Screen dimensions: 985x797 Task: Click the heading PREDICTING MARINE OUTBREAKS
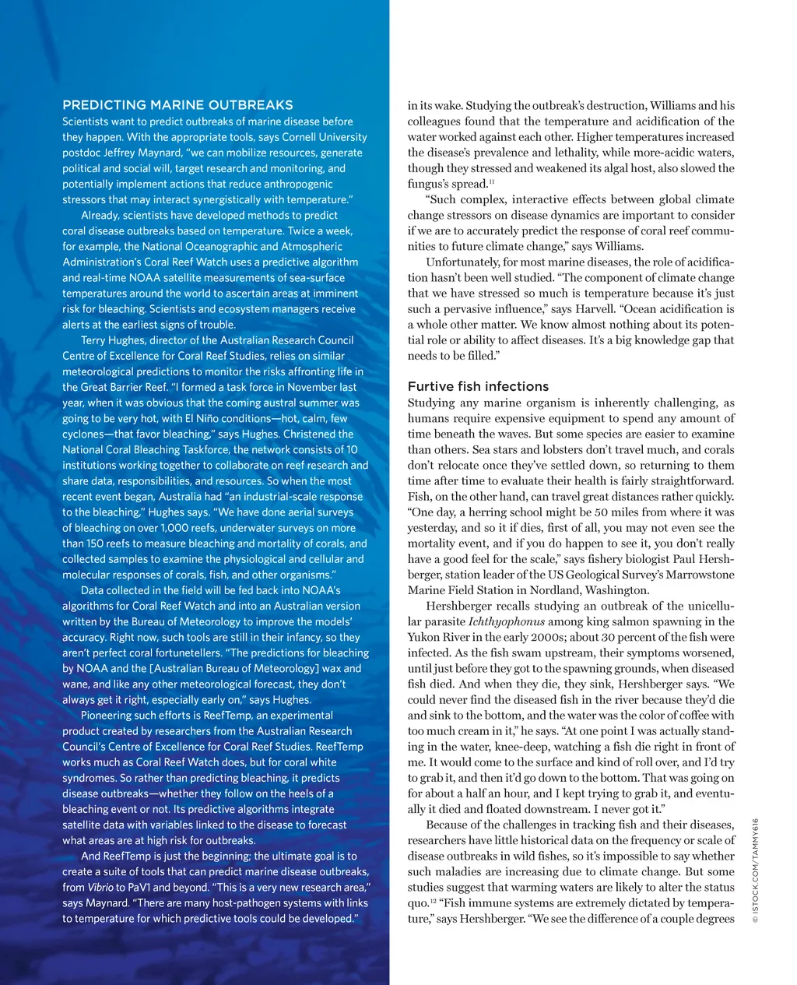177,105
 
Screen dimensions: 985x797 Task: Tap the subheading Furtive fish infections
478,386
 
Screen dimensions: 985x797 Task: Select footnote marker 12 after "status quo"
433,901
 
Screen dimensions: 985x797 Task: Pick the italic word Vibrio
99,888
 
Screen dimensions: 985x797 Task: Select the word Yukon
424,637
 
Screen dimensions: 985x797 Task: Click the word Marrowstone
696,575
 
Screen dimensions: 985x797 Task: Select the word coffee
663,715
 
